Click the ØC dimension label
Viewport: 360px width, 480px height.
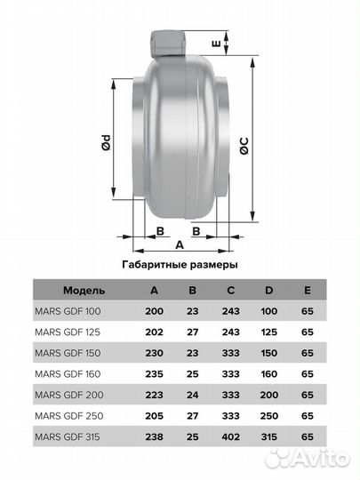pyautogui.click(x=244, y=146)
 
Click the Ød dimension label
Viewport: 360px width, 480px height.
pyautogui.click(x=106, y=142)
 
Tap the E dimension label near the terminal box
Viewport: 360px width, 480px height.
pyautogui.click(x=216, y=44)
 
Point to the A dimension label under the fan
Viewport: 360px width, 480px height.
pyautogui.click(x=180, y=245)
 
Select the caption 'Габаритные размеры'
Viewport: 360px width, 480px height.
pyautogui.click(x=180, y=265)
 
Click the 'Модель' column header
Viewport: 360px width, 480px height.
pyautogui.click(x=84, y=290)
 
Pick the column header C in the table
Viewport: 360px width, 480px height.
pyautogui.click(x=231, y=290)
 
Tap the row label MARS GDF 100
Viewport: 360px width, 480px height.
pyautogui.click(x=68, y=311)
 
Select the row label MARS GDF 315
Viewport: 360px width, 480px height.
pyautogui.click(x=68, y=436)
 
